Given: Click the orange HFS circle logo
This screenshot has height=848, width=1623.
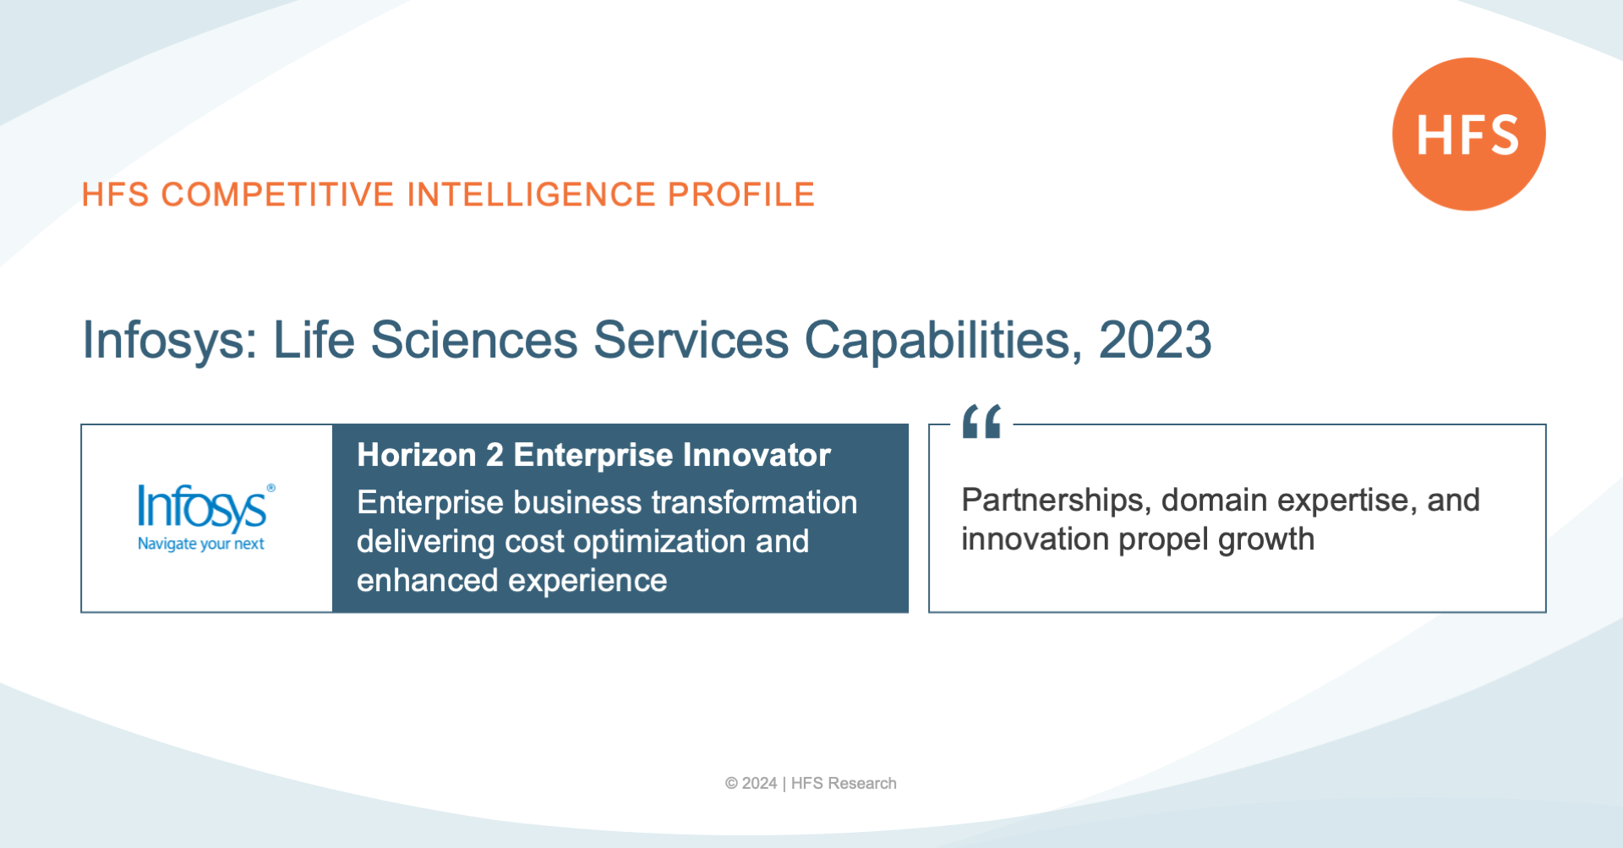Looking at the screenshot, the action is point(1469,134).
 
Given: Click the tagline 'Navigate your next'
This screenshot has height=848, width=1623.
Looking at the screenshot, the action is point(201,544).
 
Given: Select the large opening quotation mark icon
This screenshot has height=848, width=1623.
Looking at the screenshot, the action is point(981,421).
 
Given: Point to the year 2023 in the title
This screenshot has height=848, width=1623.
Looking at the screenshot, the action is point(1155,340).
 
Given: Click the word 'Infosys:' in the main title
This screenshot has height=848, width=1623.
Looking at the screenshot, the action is point(170,341).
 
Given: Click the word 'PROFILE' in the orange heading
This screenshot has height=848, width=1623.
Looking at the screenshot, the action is point(740,194).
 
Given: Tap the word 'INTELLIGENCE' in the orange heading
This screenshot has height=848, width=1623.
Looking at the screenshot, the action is point(531,194).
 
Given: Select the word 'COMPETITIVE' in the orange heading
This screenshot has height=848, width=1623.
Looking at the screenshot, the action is point(277,194).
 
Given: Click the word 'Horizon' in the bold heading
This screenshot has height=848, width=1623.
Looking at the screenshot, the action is point(416,455).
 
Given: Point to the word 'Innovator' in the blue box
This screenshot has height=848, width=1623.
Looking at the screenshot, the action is point(757,455).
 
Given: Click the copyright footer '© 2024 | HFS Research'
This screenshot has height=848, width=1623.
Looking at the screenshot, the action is point(811,784).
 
